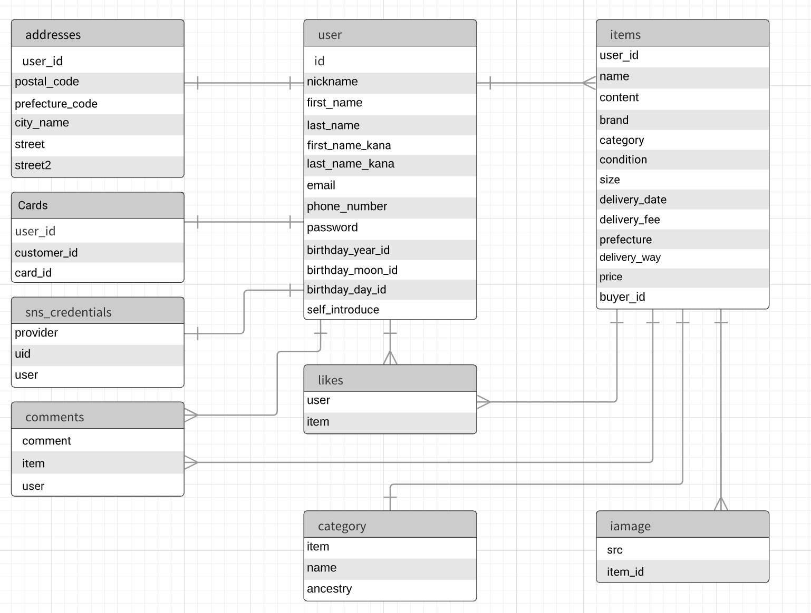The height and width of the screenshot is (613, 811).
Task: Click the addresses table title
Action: coord(53,35)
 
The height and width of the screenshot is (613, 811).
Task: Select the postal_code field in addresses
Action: coord(47,82)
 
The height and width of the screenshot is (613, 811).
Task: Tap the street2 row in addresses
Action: coord(33,165)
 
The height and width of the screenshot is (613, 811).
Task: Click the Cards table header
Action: coord(33,205)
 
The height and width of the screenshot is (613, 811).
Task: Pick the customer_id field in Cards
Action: coord(46,253)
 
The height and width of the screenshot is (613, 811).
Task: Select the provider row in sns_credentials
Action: coord(36,333)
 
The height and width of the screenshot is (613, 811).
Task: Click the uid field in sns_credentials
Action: coord(23,354)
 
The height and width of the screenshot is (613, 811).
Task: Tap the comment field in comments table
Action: coord(46,441)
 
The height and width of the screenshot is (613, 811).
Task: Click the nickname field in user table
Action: coord(332,82)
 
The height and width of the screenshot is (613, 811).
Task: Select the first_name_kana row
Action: coord(349,145)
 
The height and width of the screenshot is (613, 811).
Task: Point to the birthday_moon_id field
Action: coord(352,270)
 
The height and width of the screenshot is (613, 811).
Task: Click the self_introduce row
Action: coord(343,310)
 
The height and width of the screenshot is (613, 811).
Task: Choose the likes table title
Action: coord(331,380)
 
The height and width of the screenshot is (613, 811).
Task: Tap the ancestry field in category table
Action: coord(329,589)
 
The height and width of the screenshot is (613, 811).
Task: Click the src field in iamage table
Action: coord(615,550)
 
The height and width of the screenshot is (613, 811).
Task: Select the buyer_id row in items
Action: coord(622,297)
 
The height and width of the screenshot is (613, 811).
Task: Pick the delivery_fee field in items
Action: coord(630,220)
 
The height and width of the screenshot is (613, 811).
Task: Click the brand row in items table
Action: coord(614,120)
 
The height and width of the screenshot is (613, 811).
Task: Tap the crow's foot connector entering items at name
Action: coord(588,83)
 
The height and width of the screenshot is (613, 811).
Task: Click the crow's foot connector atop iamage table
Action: coord(721,504)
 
